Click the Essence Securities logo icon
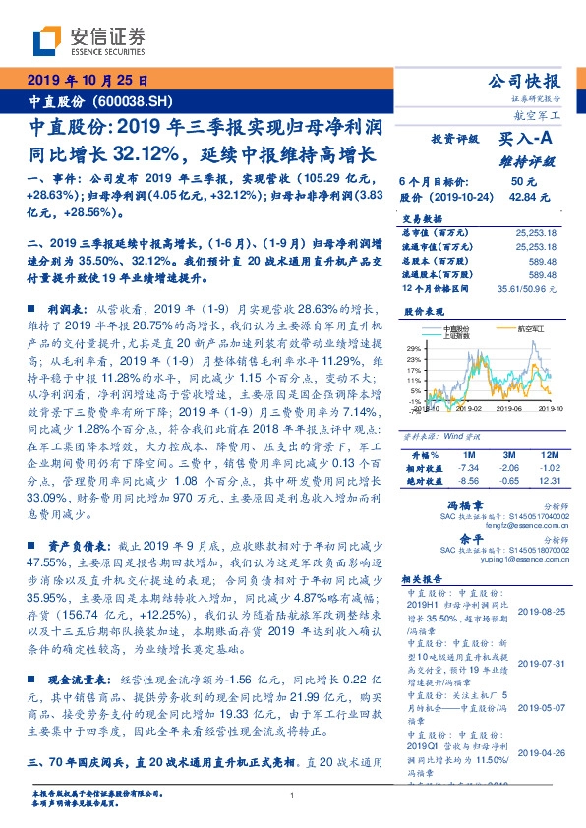pos(48,40)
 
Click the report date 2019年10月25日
pos(87,80)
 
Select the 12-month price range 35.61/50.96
pos(536,288)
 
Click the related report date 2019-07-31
pos(539,635)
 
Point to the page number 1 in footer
pos(293,796)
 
